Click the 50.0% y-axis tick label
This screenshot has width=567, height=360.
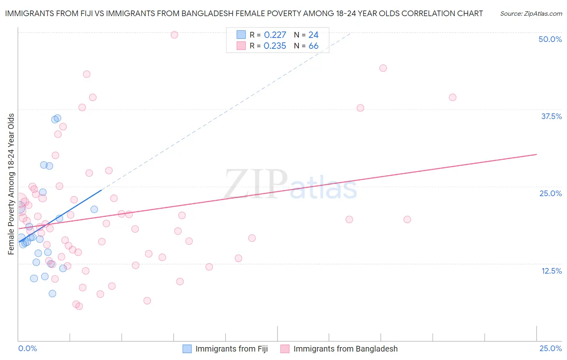coord(550,39)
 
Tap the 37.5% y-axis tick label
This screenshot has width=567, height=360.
coord(551,116)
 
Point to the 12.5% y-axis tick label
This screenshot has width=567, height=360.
coord(551,271)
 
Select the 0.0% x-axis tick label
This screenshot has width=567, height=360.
coord(27,348)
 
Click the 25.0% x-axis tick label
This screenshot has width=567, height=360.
coord(550,348)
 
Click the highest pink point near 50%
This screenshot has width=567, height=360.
coord(174,35)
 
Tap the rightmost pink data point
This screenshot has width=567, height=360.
coord(452,97)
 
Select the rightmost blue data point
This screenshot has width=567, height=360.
coord(94,209)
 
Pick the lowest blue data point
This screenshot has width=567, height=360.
coord(52,293)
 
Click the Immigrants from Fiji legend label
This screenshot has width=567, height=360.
coord(231,349)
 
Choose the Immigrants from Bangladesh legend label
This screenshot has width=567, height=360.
coord(345,349)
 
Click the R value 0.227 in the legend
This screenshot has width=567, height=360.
coord(275,35)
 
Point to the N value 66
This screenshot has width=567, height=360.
coord(313,46)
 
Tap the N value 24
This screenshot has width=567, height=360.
coord(313,35)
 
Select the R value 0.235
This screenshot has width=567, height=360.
coord(275,46)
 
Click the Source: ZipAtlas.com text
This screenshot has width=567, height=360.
coord(531,14)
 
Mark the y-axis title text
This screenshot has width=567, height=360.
coord(11,184)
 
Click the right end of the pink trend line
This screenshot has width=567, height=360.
coord(536,154)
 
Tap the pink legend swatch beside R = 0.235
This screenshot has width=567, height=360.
coord(241,46)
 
